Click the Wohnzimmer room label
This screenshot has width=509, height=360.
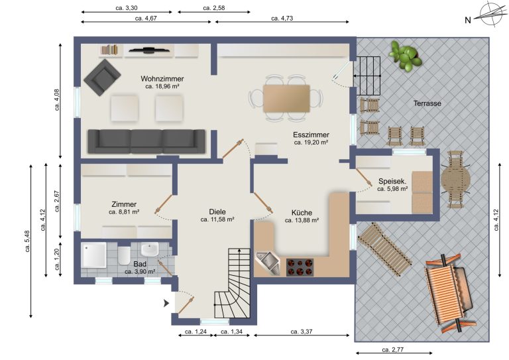pos(162,79)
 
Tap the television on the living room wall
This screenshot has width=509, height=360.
pos(149,50)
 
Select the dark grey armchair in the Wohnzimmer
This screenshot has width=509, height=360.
pos(102,78)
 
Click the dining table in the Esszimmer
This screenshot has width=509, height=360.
pos(286,98)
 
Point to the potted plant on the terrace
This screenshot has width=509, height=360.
pos(406,56)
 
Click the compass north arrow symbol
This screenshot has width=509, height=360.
pos(491,14)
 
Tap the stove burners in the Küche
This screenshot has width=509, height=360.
pos(300,267)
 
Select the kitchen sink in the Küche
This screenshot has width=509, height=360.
pos(268,263)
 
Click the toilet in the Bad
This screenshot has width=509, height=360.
pos(124,255)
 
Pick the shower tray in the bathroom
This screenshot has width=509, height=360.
pos(94,255)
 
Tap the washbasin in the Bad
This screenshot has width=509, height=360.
pos(150,249)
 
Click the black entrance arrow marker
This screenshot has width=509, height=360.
pos(166,304)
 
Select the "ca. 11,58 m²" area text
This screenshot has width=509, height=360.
pos(217,219)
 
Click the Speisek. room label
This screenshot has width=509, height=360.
pos(392,181)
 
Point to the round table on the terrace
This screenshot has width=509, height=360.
pos(455,179)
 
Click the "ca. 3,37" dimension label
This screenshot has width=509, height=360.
pos(302,331)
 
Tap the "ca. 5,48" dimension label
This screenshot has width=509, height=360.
pos(27,241)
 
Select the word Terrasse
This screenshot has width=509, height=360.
pos(427,103)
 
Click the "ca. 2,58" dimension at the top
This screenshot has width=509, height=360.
pos(214,8)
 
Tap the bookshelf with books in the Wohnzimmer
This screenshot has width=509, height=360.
pos(109,50)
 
